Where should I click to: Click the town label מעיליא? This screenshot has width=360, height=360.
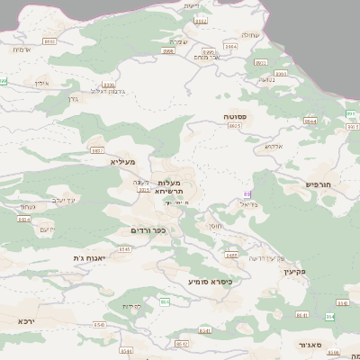coord(122,162)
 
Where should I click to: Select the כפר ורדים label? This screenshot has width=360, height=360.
coord(149,230)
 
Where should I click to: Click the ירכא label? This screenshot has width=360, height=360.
coord(27,320)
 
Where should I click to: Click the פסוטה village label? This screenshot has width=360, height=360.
coord(238,117)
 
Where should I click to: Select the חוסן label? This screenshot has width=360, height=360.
coord(214,226)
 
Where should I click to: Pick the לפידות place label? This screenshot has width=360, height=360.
coord(133,306)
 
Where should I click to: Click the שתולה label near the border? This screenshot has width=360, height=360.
coord(251,35)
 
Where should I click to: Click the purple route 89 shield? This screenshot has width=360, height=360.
coord(247,194)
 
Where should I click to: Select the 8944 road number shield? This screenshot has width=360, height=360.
coord(310,121)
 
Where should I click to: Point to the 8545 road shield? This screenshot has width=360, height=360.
coord(125,248)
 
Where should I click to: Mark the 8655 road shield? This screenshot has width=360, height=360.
coord(231,256)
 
